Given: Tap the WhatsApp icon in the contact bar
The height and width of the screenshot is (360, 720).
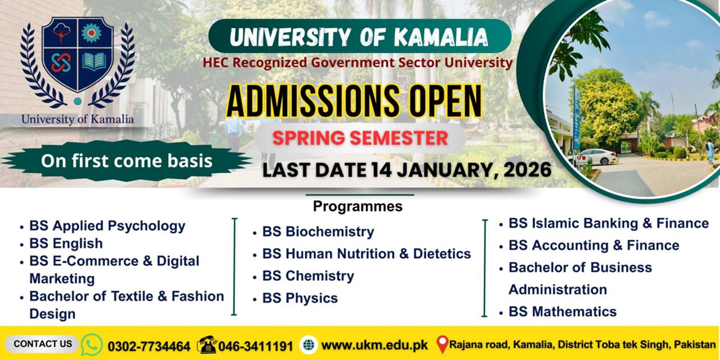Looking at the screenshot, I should tap(92, 344).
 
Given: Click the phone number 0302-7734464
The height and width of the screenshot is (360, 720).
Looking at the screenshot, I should tap(148, 345).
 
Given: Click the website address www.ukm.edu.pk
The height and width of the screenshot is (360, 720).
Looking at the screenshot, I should tap(374, 345).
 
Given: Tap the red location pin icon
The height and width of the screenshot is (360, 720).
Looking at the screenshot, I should tap(443, 344).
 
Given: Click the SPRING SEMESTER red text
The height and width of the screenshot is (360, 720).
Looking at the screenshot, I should tap(360, 138).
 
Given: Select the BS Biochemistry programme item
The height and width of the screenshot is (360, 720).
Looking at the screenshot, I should tap(318, 232).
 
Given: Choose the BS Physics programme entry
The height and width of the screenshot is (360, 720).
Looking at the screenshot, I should tap(300, 298).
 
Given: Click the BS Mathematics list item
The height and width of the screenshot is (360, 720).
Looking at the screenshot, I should tap(562, 312).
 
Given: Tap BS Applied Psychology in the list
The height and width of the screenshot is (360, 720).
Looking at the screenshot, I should tap(107, 226).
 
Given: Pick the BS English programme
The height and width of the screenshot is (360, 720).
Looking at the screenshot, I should tap(66, 244).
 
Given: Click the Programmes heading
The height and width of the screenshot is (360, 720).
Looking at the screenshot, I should tap(358, 206).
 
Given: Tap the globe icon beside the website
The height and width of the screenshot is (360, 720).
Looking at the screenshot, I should tap(308, 345).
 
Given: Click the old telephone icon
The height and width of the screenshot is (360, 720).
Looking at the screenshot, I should tap(206, 344).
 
